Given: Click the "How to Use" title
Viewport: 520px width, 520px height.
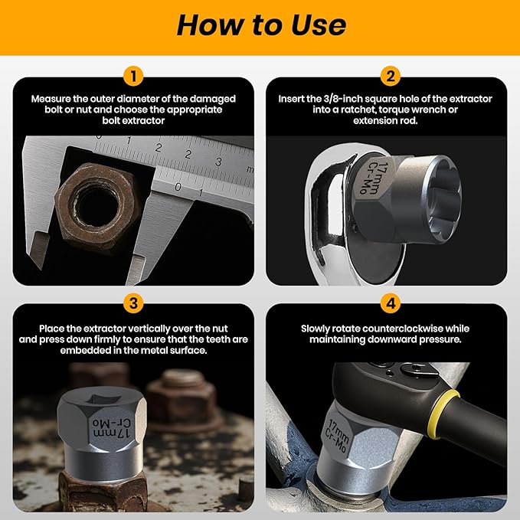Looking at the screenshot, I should point(260,25).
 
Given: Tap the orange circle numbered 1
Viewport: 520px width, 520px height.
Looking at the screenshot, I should point(133,77).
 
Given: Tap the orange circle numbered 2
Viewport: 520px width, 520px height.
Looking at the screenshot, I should point(391,77).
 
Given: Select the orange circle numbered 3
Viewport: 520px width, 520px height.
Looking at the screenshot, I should point(133,303).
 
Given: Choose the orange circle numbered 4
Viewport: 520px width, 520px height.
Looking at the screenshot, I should point(391,303).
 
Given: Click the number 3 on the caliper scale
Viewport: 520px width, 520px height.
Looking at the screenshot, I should point(218,161).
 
